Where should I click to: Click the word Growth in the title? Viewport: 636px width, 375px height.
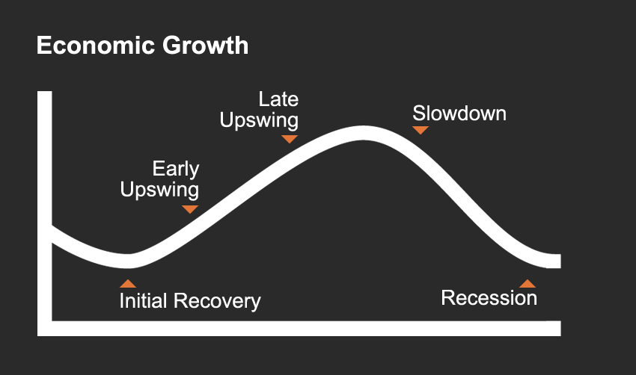pyautogui.click(x=205, y=45)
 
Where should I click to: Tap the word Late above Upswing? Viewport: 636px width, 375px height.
pyautogui.click(x=278, y=99)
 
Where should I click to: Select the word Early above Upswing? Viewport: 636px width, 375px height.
pyautogui.click(x=176, y=169)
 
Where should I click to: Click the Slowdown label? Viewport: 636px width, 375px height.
pyautogui.click(x=459, y=114)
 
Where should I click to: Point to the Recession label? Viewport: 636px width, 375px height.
pyautogui.click(x=489, y=298)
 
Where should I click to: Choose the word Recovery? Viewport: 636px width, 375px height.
pyautogui.click(x=217, y=302)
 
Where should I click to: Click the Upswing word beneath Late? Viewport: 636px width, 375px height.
pyautogui.click(x=259, y=121)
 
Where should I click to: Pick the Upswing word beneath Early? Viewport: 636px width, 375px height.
pyautogui.click(x=159, y=190)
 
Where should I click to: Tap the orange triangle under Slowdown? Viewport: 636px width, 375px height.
pyautogui.click(x=421, y=129)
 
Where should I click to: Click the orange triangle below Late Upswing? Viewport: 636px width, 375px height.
pyautogui.click(x=290, y=139)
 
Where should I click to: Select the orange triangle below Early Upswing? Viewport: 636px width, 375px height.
pyautogui.click(x=190, y=209)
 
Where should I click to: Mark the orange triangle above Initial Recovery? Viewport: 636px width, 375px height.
pyautogui.click(x=128, y=283)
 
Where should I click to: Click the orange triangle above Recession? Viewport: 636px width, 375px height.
pyautogui.click(x=528, y=283)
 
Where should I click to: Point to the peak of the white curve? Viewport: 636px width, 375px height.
pyautogui.click(x=363, y=133)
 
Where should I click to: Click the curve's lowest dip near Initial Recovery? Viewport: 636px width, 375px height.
pyautogui.click(x=129, y=261)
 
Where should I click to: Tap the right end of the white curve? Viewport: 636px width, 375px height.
pyautogui.click(x=560, y=261)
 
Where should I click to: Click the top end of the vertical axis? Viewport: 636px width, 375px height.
pyautogui.click(x=45, y=92)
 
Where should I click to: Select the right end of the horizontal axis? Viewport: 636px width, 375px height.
pyautogui.click(x=560, y=329)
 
